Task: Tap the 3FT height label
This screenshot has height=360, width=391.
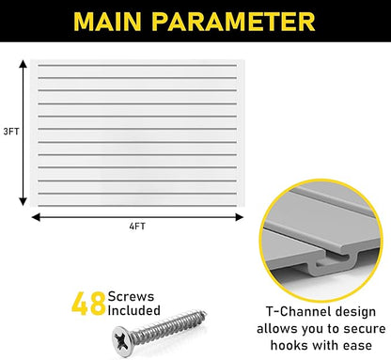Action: tap(10, 131)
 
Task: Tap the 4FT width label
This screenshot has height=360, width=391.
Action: tap(137, 227)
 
